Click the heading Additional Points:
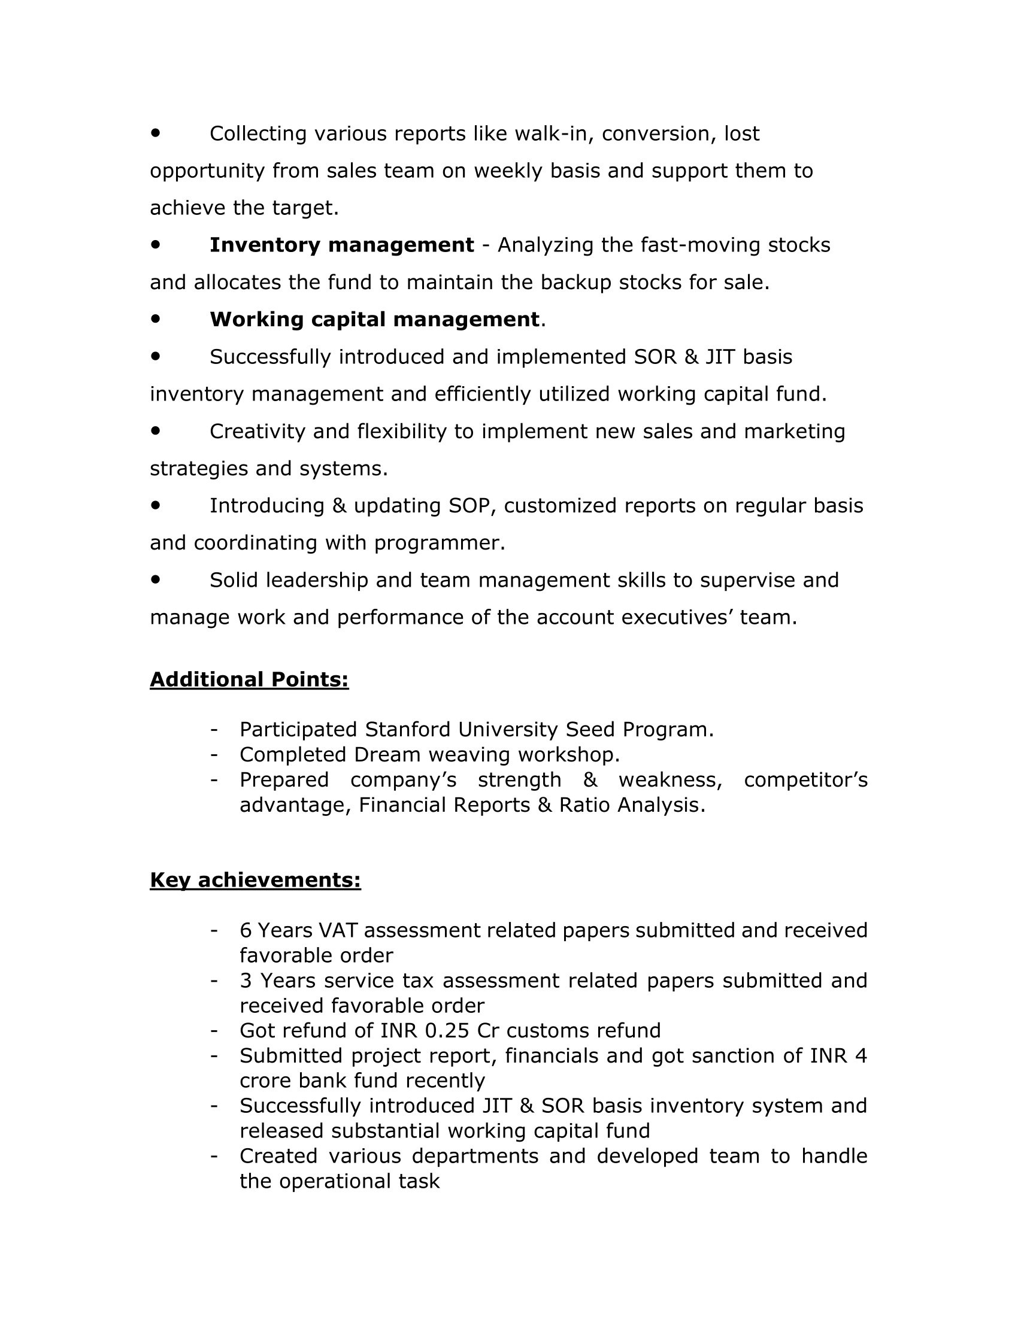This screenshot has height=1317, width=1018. click(249, 679)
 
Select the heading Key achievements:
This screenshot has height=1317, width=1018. click(255, 881)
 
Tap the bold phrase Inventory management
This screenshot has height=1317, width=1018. click(341, 245)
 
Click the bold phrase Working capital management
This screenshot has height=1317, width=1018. click(374, 320)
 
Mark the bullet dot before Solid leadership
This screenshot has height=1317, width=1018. click(156, 579)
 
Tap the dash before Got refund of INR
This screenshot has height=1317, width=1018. click(214, 1031)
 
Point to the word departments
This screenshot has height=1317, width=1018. click(475, 1156)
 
